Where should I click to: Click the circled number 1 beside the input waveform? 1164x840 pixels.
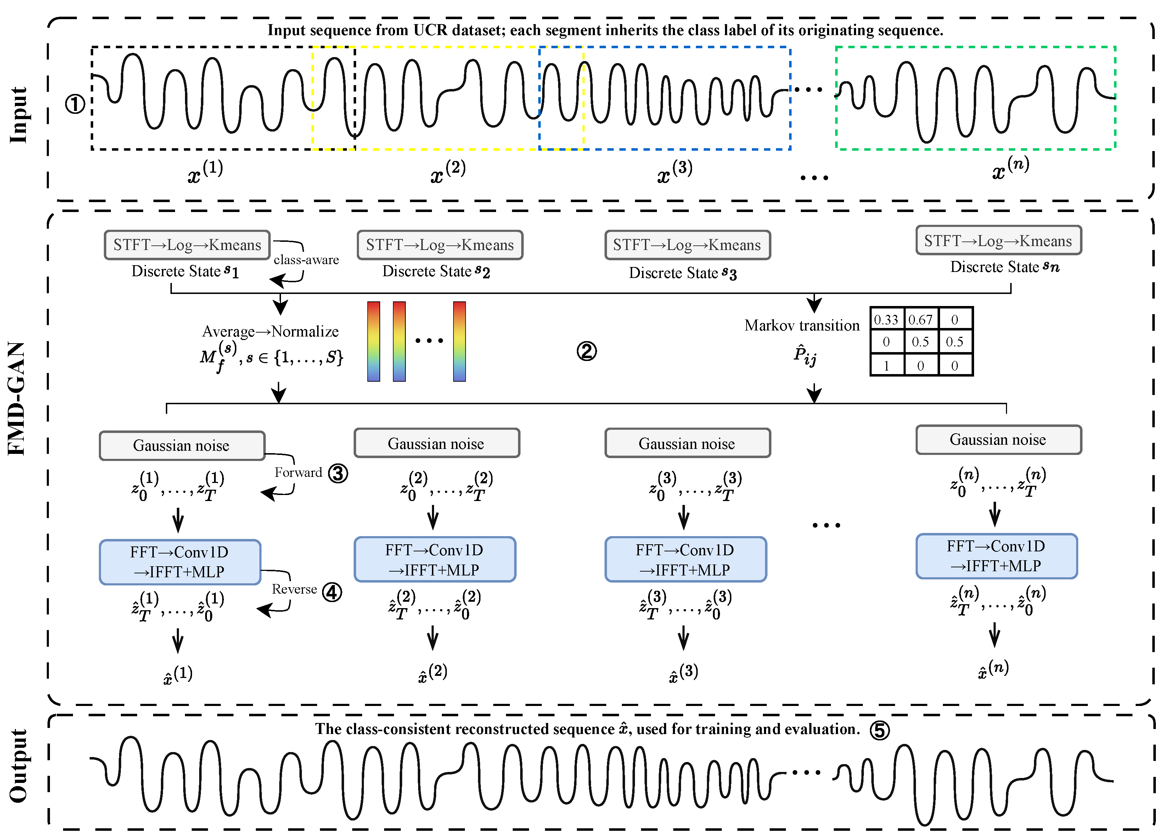pyautogui.click(x=75, y=105)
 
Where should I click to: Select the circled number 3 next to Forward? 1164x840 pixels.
pyautogui.click(x=338, y=473)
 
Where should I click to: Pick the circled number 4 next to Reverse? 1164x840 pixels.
pyautogui.click(x=332, y=592)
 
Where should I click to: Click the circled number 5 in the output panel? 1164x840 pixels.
pyautogui.click(x=879, y=730)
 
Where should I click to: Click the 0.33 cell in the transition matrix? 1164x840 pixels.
pyautogui.click(x=886, y=320)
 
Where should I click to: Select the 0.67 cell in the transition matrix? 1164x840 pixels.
pyautogui.click(x=920, y=320)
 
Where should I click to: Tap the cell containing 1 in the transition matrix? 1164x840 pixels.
pyautogui.click(x=886, y=366)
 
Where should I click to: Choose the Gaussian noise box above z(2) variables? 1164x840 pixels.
pyautogui.click(x=436, y=443)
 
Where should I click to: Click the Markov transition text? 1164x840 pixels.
pyautogui.click(x=802, y=326)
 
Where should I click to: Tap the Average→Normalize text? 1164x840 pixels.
pyautogui.click(x=270, y=332)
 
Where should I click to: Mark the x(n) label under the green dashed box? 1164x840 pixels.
pyautogui.click(x=1010, y=168)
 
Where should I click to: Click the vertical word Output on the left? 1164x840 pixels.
pyautogui.click(x=18, y=766)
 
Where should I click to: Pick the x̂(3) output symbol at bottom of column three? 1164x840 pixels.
pyautogui.click(x=683, y=673)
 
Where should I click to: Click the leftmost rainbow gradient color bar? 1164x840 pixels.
pyautogui.click(x=373, y=341)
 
